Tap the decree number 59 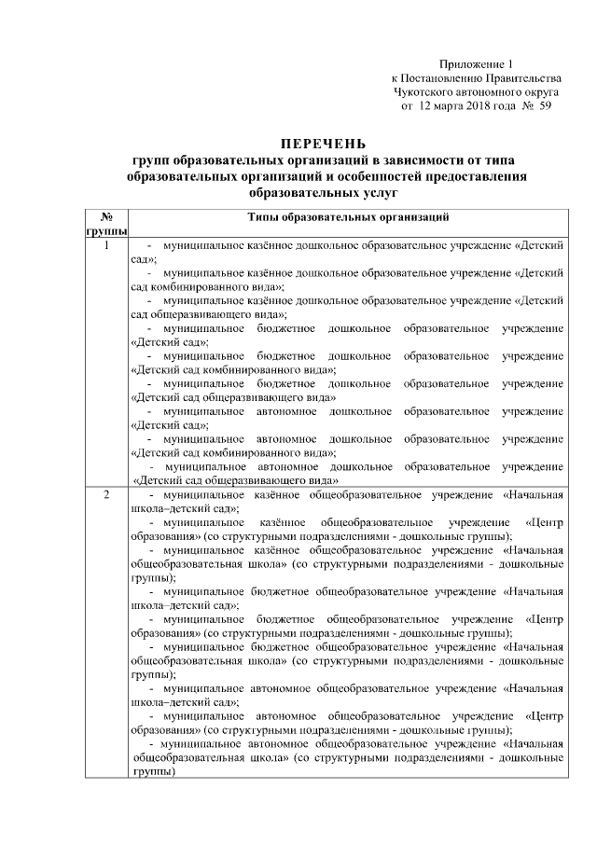(x=547, y=107)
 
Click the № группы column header (x=105, y=223)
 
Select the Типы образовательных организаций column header (x=348, y=216)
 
